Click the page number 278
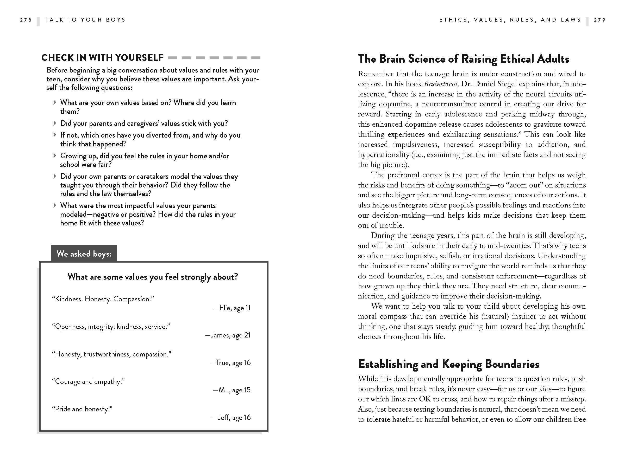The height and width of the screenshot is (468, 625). coord(26,20)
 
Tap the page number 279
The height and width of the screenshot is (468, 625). coord(599,20)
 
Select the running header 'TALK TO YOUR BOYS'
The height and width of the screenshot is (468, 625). coord(85,20)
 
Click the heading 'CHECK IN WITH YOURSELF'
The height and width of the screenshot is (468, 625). coord(102,57)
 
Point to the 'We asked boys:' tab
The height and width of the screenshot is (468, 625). coord(84,253)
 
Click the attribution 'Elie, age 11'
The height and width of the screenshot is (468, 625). coord(232,308)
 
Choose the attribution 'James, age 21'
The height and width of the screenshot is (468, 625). coord(228,335)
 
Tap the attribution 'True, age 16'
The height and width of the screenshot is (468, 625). coord(230,362)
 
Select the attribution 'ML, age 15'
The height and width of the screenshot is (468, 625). coord(232,390)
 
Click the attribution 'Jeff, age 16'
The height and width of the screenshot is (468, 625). coord(232,417)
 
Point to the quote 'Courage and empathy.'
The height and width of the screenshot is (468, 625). coord(89,381)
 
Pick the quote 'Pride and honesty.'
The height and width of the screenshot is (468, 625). coord(82,409)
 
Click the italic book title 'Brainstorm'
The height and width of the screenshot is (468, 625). coord(441,84)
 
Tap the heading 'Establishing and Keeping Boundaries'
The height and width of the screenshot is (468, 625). coord(448,364)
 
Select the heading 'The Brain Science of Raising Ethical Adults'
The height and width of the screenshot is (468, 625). coord(463,59)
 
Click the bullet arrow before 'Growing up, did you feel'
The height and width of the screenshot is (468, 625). coord(55,155)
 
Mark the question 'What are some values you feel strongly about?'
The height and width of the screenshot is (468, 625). coord(153,277)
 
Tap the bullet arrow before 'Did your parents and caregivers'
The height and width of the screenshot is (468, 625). coord(55,123)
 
